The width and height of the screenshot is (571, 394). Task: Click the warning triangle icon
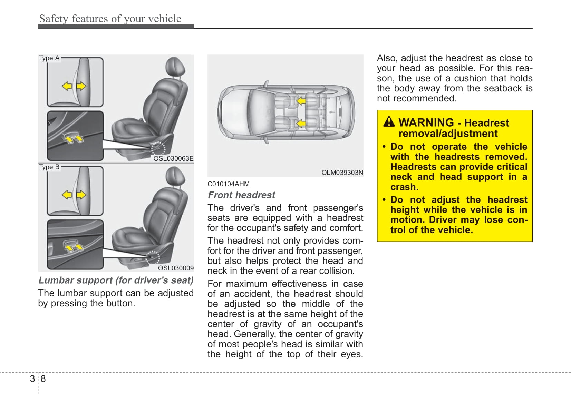(389, 122)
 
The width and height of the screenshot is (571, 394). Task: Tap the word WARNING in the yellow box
(426, 122)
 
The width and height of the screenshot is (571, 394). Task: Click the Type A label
(49, 58)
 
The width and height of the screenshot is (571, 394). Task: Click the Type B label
(49, 167)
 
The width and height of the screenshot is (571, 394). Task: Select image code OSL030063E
(173, 159)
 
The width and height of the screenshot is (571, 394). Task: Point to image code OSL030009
(175, 268)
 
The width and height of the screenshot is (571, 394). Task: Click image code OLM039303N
(342, 173)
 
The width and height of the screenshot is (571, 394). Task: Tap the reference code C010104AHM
(228, 184)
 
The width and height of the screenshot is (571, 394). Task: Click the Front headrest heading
(241, 195)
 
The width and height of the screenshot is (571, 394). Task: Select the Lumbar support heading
(116, 280)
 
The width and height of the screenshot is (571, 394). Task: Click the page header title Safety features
(110, 19)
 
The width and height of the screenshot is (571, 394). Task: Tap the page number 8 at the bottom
(43, 379)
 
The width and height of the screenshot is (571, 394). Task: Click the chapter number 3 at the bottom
(32, 379)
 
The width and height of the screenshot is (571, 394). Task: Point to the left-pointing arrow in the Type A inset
(67, 86)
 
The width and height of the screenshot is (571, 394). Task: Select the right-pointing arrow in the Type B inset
(81, 195)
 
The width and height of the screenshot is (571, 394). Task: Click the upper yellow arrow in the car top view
(301, 101)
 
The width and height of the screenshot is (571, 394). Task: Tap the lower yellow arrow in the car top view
(301, 123)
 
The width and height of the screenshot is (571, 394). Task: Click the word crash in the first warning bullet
(404, 187)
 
